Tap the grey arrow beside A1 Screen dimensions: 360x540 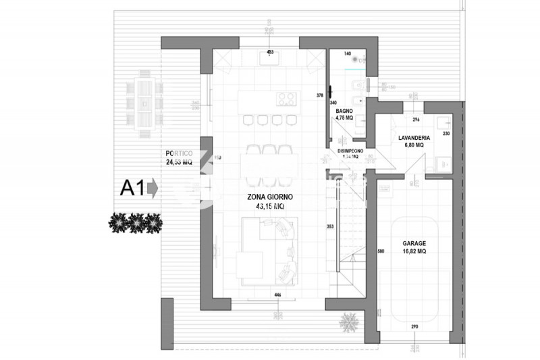153,188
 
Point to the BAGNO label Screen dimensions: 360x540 344,110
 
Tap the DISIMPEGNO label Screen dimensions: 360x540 350,151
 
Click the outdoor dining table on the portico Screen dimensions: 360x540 146,104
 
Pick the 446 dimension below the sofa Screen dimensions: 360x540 277,295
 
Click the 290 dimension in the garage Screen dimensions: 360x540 414,327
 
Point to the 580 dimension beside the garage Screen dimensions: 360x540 381,252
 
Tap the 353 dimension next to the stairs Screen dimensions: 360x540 330,226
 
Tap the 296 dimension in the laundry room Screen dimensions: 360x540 416,120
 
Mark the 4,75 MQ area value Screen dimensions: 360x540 344,117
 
